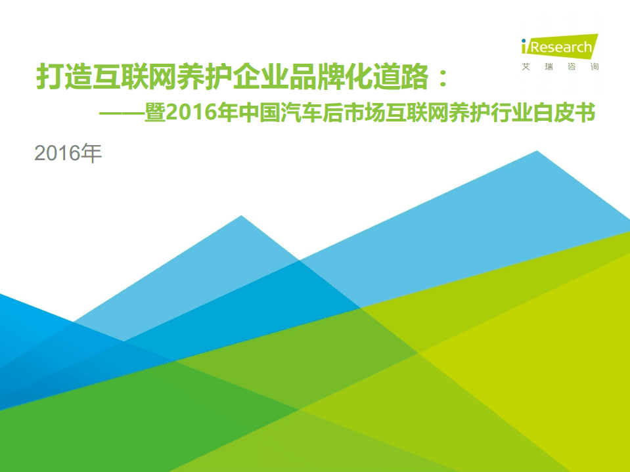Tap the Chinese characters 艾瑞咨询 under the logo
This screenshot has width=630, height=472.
[x=559, y=67]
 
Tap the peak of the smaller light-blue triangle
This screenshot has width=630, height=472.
[x=242, y=216]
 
